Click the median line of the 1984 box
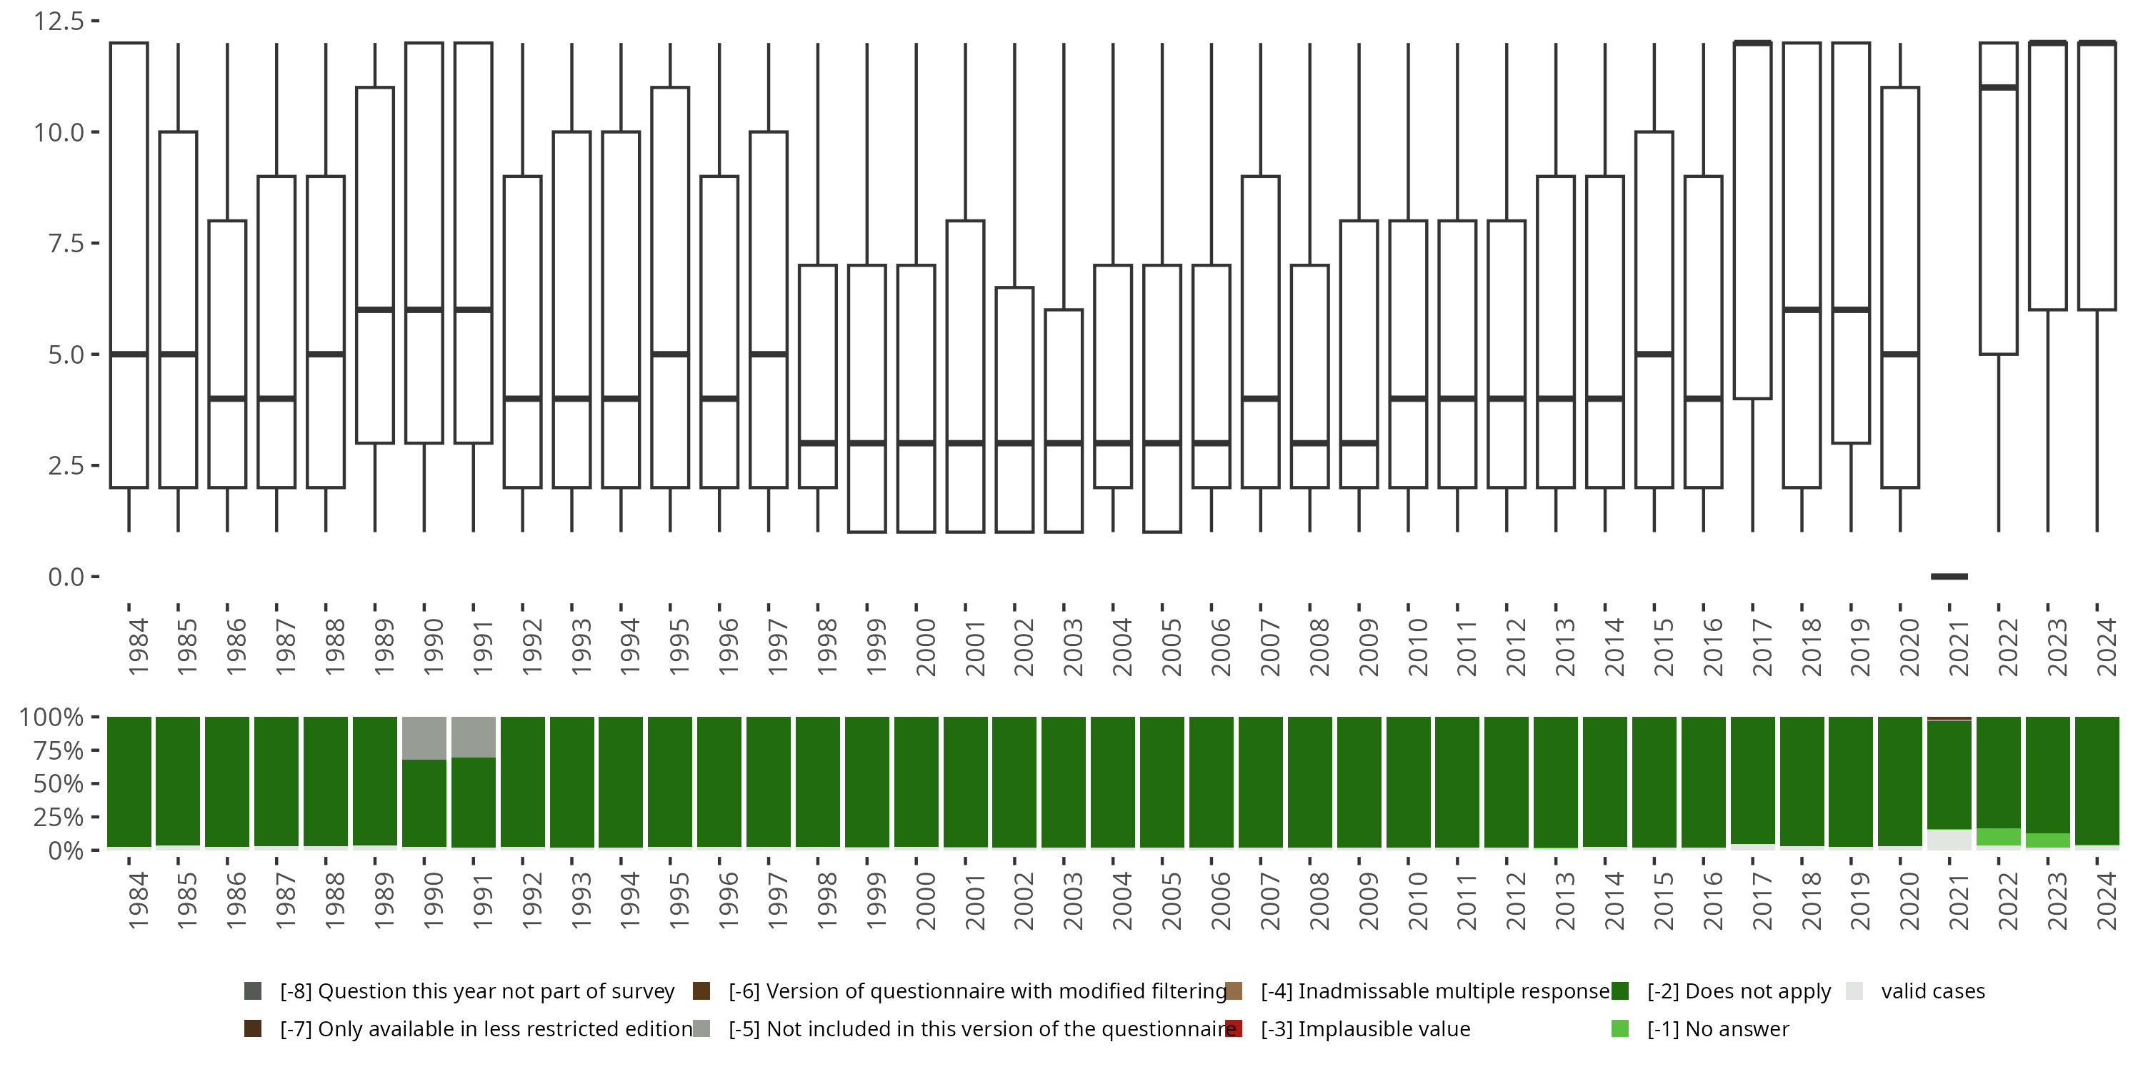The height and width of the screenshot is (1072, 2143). click(x=129, y=354)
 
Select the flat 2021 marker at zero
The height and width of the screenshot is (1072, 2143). click(x=1949, y=576)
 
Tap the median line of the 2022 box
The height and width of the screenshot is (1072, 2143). click(x=1998, y=87)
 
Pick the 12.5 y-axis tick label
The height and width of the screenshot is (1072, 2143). click(x=59, y=21)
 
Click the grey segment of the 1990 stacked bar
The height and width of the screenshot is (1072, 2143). click(x=424, y=738)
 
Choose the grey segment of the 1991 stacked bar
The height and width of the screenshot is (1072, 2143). click(x=474, y=737)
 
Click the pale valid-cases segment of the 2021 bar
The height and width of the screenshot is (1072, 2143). click(x=1949, y=839)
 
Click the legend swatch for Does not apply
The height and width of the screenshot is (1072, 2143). click(x=1619, y=991)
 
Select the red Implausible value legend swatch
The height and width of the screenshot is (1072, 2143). click(x=1234, y=1028)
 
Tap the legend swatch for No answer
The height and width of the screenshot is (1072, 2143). click(x=1619, y=1028)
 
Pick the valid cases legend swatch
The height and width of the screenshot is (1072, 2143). click(x=1854, y=991)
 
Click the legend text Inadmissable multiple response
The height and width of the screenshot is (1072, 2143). click(x=1435, y=991)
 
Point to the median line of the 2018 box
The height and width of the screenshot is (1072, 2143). click(x=1802, y=309)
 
